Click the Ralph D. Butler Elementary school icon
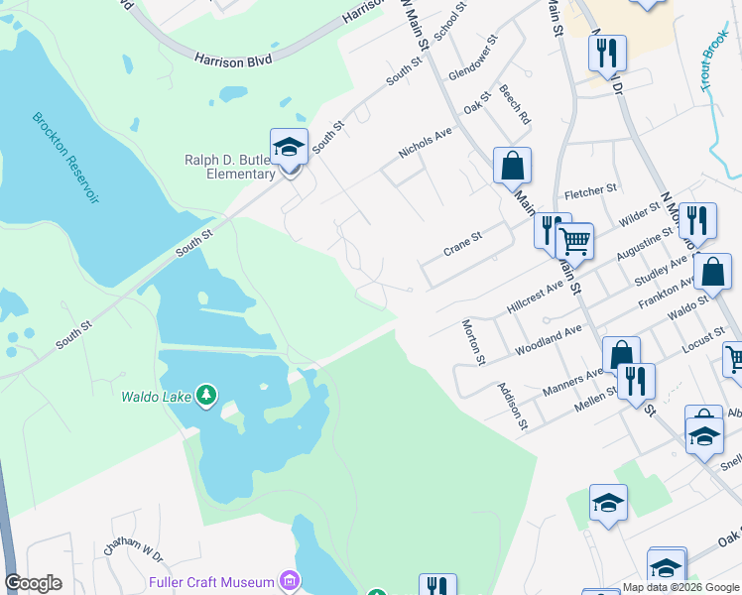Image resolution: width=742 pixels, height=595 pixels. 289,147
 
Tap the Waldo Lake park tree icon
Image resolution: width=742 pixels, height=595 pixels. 206,396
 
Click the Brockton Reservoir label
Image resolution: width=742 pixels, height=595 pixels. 65,158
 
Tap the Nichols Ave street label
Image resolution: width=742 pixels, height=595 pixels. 425,141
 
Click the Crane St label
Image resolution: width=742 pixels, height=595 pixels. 462,244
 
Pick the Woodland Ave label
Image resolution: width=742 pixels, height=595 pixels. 548,339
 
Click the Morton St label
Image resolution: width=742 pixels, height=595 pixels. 472,342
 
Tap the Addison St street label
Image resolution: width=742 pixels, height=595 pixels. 512,407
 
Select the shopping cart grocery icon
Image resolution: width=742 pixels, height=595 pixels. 574,240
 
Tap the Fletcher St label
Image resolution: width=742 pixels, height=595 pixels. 590,188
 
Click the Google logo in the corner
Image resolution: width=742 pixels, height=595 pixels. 33,583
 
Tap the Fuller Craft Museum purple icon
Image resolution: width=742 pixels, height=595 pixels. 289,580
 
